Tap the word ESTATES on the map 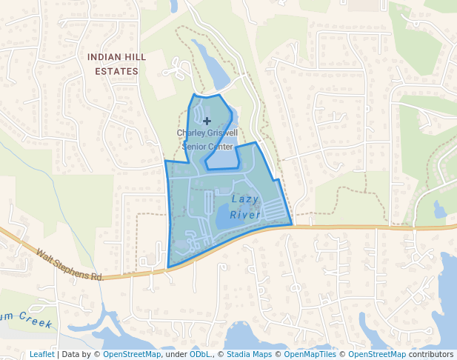pyautogui.click(x=117, y=72)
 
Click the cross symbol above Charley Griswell pyautogui.click(x=207, y=120)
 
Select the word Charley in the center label pyautogui.click(x=191, y=133)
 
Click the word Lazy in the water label pyautogui.click(x=245, y=199)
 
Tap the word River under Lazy pyautogui.click(x=245, y=215)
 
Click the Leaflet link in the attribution pyautogui.click(x=42, y=354)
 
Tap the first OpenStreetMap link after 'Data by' pyautogui.click(x=132, y=354)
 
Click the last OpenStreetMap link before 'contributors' pyautogui.click(x=377, y=354)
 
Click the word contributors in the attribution pyautogui.click(x=431, y=354)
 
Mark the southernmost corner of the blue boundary pyautogui.click(x=169, y=267)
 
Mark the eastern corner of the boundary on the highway pyautogui.click(x=292, y=224)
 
